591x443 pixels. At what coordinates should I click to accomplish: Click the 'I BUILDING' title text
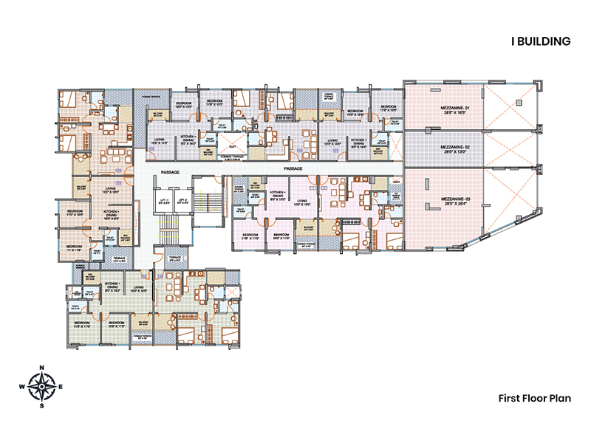[x=541, y=41]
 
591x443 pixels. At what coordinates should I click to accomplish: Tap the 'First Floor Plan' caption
[x=535, y=398]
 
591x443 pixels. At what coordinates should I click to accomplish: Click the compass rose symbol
[x=43, y=386]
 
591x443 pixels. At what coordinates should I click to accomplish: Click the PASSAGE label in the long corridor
[x=293, y=169]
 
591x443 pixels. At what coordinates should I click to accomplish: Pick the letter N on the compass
[x=43, y=368]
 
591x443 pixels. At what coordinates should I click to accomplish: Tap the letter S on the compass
[x=43, y=405]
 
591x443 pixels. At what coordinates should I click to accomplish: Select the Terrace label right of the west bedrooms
[x=118, y=258]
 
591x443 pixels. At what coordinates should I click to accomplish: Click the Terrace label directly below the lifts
[x=174, y=258]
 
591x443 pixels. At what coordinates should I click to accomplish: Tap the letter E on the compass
[x=62, y=386]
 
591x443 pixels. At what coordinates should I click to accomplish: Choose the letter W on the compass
[x=23, y=386]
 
